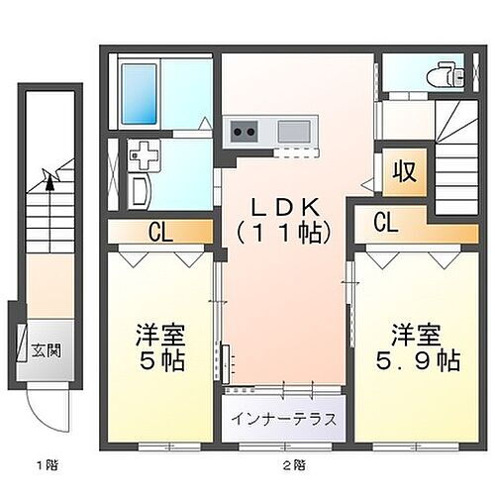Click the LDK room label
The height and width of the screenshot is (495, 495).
[282, 209]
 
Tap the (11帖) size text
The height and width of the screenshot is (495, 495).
[282, 234]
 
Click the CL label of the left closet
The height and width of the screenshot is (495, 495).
[158, 233]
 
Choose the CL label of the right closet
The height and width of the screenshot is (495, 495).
[387, 223]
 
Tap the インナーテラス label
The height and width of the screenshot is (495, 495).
[284, 418]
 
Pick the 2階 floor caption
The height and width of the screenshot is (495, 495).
[293, 464]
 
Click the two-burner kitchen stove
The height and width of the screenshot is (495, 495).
[245, 131]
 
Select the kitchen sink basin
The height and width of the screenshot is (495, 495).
[294, 131]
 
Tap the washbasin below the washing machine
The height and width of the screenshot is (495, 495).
[138, 190]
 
